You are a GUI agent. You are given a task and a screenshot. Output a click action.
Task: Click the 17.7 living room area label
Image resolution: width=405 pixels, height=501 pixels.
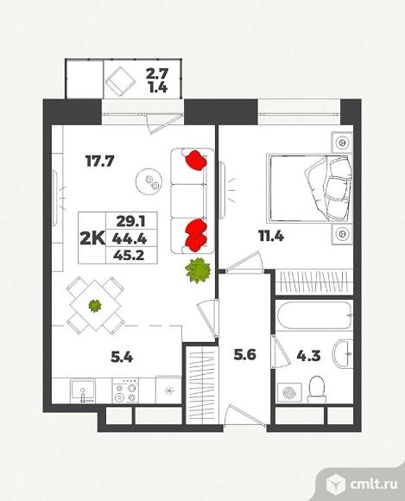coord(99,162)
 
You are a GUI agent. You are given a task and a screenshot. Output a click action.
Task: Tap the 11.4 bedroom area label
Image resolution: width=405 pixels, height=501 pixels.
coord(271,237)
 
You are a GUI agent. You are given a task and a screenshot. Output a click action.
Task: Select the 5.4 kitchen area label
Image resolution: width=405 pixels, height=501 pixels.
coord(122,357)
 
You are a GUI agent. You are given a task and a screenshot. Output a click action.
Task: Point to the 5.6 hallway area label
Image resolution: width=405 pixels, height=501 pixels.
coord(244,355)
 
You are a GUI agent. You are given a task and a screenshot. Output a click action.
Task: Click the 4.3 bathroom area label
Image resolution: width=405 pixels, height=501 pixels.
coord(308,356)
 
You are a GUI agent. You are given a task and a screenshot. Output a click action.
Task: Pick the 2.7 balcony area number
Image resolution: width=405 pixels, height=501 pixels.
coord(157,73)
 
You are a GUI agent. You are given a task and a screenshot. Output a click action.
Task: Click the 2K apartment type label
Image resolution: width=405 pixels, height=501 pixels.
coord(92,238)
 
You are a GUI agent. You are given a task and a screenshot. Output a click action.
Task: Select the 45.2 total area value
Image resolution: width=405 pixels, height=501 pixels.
coord(130,256)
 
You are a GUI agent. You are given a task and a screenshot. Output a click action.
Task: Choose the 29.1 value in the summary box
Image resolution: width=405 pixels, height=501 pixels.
coord(131,221)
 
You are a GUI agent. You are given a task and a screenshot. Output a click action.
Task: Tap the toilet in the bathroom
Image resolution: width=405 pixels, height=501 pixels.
coord(317,390)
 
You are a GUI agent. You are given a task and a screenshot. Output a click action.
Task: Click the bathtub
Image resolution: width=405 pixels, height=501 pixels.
coord(314,315)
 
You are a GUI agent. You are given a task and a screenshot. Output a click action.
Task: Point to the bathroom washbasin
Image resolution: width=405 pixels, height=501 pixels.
coord(343,354)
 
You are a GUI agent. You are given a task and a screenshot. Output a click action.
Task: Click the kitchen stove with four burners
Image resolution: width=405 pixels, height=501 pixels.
coord(125,390)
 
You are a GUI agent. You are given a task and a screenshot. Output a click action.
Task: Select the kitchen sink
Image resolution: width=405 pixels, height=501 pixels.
coord(83,390)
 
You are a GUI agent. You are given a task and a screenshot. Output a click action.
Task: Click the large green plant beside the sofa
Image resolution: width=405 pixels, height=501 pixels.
coord(198,270)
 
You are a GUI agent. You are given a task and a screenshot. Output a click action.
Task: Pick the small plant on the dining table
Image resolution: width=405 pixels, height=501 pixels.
coord(95,306)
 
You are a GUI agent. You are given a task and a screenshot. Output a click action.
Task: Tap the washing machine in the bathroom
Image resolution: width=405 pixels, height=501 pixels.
coord(289,392)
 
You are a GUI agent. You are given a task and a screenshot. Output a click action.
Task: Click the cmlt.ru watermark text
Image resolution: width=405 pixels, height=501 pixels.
coord(374,484)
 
